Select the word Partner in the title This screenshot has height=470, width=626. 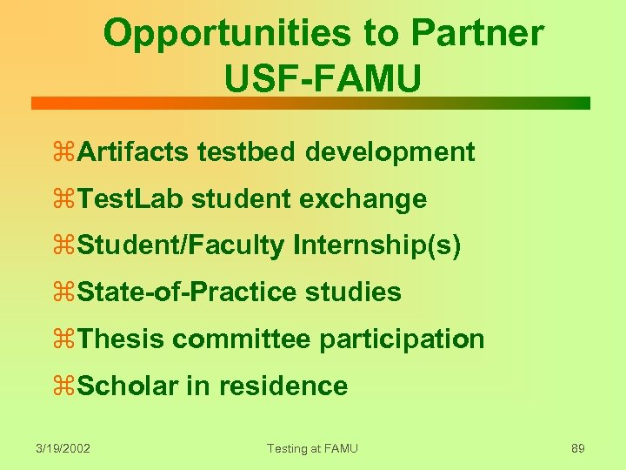pyautogui.click(x=477, y=35)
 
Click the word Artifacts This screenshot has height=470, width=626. pyautogui.click(x=133, y=152)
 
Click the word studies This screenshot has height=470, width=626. pyautogui.click(x=354, y=292)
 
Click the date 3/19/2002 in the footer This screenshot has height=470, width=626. pyautogui.click(x=63, y=448)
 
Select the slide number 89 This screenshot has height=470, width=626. pyautogui.click(x=577, y=448)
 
